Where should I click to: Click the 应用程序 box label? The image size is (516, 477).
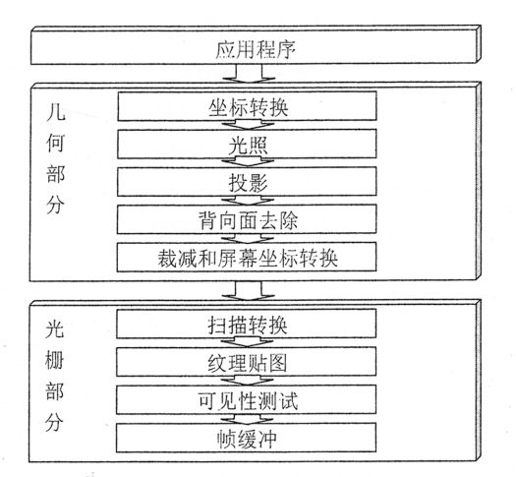pyautogui.click(x=256, y=49)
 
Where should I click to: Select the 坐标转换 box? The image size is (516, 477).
pyautogui.click(x=247, y=106)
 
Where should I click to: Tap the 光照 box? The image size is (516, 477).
pyautogui.click(x=247, y=144)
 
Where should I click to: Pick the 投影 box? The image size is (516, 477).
pyautogui.click(x=247, y=182)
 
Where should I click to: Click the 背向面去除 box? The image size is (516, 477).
pyautogui.click(x=247, y=219)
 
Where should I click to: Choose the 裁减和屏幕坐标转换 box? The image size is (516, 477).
pyautogui.click(x=247, y=257)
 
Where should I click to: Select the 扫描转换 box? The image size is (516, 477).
pyautogui.click(x=247, y=324)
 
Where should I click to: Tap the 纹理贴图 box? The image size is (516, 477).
pyautogui.click(x=247, y=362)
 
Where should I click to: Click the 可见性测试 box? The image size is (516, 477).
pyautogui.click(x=247, y=399)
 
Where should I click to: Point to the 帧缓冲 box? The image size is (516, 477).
pyautogui.click(x=247, y=438)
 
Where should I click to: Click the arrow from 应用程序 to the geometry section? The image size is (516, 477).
pyautogui.click(x=249, y=73)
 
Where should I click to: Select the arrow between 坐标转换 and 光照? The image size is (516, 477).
pyautogui.click(x=248, y=125)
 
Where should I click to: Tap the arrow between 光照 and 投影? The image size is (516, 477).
pyautogui.click(x=248, y=162)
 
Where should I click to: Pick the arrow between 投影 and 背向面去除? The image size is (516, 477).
pyautogui.click(x=248, y=201)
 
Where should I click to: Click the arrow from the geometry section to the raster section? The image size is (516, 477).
pyautogui.click(x=249, y=290)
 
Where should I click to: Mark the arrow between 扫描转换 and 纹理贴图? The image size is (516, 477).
pyautogui.click(x=247, y=342)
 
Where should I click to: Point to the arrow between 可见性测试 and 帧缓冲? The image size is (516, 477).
pyautogui.click(x=247, y=419)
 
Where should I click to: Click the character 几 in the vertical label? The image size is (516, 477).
pyautogui.click(x=56, y=112)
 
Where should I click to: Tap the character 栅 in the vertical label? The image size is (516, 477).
pyautogui.click(x=54, y=360)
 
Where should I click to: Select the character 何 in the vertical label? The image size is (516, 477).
pyautogui.click(x=56, y=143)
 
